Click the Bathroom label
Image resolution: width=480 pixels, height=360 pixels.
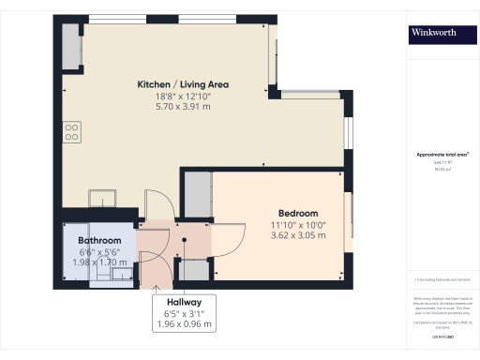[99, 240]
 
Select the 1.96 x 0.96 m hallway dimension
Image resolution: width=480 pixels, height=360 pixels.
[183, 324]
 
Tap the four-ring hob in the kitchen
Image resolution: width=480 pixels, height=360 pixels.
[71, 131]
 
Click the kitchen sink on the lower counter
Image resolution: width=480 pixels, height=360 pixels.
[101, 198]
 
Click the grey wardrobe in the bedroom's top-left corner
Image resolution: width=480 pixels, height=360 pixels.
[197, 192]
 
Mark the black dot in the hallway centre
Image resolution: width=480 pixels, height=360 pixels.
[184, 239]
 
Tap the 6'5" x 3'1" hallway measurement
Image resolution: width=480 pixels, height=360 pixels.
[183, 313]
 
